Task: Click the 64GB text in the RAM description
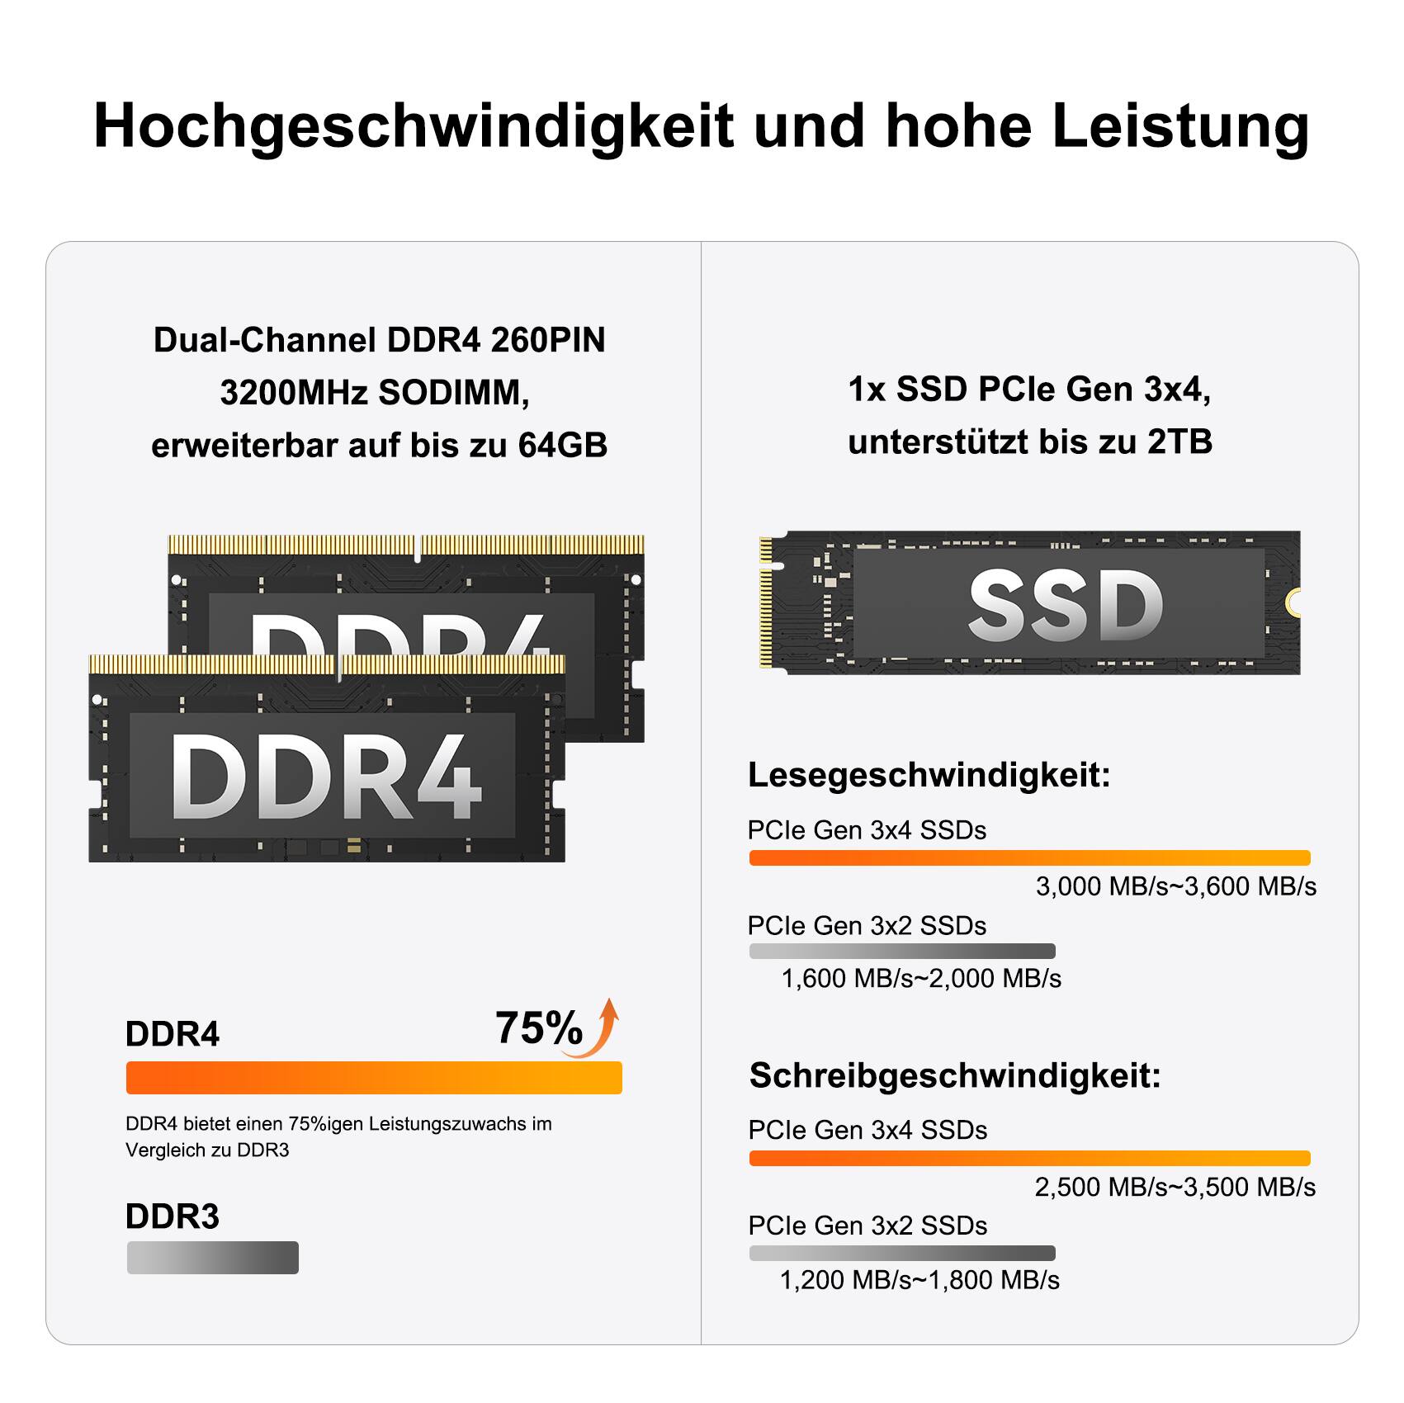pos(562,446)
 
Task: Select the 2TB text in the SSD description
pos(1179,442)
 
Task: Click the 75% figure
pos(538,1028)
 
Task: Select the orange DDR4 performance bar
pos(374,1078)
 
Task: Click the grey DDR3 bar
pos(212,1258)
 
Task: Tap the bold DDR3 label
pos(173,1216)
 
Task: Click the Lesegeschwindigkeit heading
pos(929,775)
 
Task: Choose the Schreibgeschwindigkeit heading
pos(955,1075)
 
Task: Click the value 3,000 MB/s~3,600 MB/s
pos(1176,886)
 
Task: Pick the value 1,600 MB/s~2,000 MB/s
pos(921,979)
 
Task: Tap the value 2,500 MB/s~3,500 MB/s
pos(1175,1187)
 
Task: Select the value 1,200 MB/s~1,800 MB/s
pos(919,1280)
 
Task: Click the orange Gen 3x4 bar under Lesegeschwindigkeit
pos(1029,857)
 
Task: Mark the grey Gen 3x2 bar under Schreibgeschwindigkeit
pos(901,1253)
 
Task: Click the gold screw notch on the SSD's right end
pos(1293,602)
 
